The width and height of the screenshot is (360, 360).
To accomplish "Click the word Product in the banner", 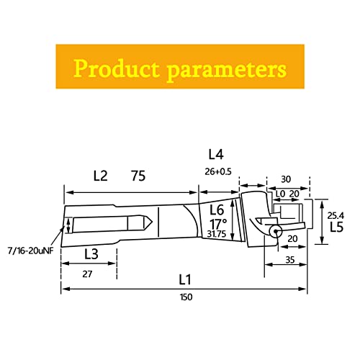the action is (116, 68).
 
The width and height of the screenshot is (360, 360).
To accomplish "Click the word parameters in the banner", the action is (227, 70).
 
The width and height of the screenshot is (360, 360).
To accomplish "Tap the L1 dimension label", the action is (185, 279).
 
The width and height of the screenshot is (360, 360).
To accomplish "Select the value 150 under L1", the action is (186, 297).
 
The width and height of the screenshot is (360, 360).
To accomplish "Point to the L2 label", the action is (100, 176).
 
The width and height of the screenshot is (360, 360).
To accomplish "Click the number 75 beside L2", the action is (138, 176).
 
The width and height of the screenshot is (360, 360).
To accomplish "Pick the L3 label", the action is (91, 254).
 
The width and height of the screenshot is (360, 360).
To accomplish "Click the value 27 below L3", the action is (87, 274).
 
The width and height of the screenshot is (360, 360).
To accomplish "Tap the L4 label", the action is (216, 154).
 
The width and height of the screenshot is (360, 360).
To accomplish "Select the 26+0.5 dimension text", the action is (218, 171).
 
